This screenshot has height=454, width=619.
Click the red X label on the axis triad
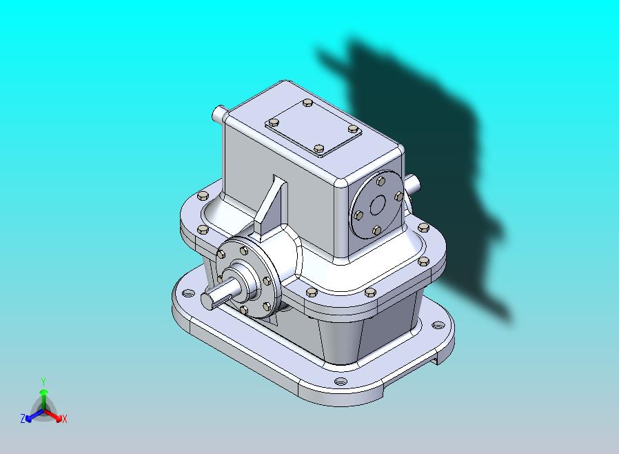(65, 420)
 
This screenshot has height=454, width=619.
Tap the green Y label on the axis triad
(43, 382)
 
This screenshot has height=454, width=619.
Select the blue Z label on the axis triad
(23, 418)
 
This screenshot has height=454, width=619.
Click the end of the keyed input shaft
(208, 300)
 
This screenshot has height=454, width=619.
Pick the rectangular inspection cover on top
(314, 129)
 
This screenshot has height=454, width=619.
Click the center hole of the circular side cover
(378, 205)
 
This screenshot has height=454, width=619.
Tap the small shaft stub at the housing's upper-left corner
(219, 114)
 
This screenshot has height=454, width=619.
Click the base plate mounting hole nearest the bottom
(341, 382)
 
